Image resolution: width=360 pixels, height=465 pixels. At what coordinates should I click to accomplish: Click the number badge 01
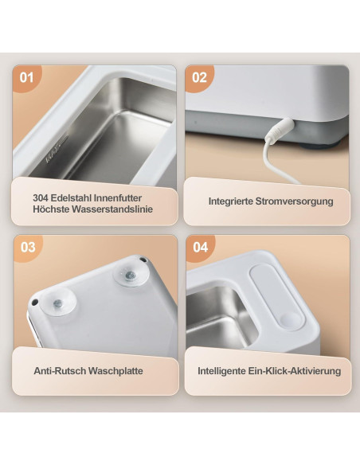(26, 77)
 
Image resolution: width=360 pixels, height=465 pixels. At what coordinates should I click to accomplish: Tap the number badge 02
(199, 77)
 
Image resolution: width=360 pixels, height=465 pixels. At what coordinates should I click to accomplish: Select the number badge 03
(28, 247)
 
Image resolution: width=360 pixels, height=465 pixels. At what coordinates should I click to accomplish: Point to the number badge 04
(201, 247)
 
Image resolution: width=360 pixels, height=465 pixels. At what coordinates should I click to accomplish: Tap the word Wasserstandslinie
(112, 209)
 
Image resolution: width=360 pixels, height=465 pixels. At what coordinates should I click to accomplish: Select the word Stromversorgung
(294, 201)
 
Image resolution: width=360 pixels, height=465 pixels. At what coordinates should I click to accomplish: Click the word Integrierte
(231, 201)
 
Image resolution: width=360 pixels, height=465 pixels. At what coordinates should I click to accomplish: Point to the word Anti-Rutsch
(60, 371)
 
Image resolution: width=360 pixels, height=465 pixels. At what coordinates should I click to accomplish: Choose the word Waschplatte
(115, 371)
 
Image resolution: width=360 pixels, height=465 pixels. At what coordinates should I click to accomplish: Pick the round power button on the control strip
(288, 321)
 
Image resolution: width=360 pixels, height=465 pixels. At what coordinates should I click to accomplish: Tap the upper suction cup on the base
(130, 275)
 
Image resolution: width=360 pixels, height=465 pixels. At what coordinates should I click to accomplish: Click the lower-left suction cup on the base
(57, 303)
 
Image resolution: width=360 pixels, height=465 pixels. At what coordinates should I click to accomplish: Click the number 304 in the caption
(41, 197)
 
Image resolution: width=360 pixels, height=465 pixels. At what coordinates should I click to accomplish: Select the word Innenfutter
(118, 197)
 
